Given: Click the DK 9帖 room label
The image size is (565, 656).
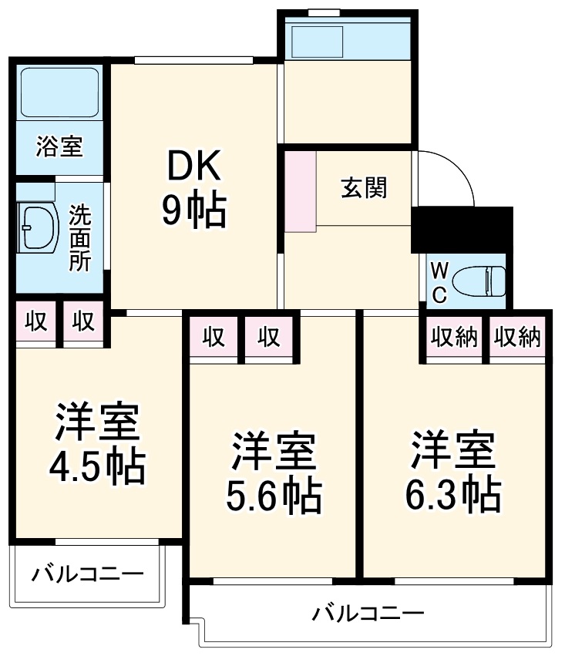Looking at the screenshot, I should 193,188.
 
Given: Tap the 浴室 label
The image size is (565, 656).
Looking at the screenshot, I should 59,146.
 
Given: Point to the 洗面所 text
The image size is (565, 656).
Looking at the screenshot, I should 80,237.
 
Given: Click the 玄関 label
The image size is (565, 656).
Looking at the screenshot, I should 364,187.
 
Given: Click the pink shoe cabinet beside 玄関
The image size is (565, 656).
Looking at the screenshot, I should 300,192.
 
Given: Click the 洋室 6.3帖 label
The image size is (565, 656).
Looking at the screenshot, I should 453,474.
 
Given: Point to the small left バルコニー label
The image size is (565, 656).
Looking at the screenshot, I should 87,574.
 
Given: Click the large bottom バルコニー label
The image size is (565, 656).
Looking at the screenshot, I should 368,614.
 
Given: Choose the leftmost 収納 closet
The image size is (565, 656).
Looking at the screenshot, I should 454,337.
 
